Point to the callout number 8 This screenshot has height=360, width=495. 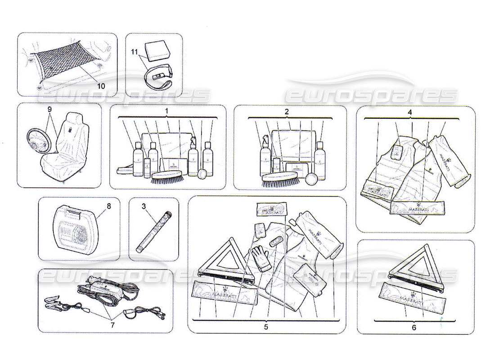point(108,207)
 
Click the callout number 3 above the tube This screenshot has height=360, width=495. point(144,207)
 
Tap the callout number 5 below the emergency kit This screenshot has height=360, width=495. point(266,327)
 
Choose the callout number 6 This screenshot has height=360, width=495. point(414,328)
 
